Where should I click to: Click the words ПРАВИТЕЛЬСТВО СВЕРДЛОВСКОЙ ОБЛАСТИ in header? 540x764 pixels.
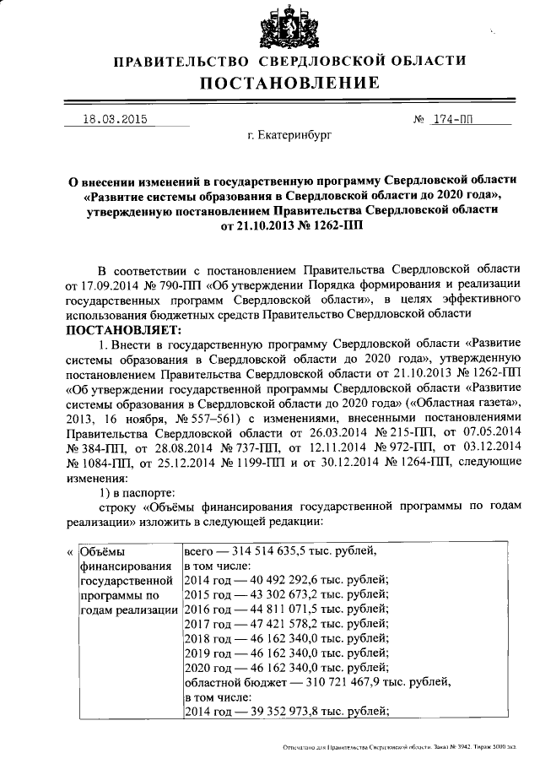[289, 61]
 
